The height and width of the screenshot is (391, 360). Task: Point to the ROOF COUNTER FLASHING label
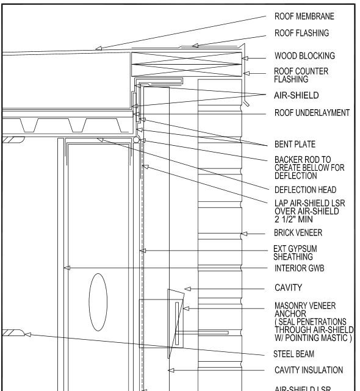(x=301, y=75)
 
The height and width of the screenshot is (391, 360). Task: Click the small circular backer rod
(x=137, y=140)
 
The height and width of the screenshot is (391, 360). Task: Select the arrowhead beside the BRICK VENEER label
(x=244, y=233)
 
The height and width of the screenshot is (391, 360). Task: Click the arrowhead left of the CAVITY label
(x=189, y=288)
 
